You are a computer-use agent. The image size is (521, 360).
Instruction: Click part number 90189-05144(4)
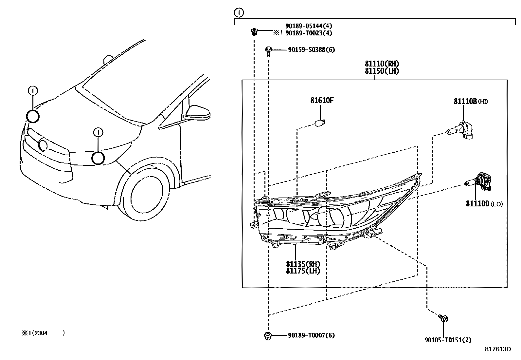[x=309, y=26]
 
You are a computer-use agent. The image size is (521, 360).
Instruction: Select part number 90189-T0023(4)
[x=309, y=33]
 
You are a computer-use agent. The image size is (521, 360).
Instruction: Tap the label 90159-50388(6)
[x=312, y=49]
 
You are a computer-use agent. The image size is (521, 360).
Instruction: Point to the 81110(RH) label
[x=382, y=64]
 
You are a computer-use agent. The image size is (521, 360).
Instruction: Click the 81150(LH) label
[x=382, y=71]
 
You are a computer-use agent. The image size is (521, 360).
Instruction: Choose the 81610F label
[x=322, y=100]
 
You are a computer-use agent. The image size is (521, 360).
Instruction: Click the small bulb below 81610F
[x=320, y=123]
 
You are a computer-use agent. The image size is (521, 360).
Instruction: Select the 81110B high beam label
[x=471, y=101]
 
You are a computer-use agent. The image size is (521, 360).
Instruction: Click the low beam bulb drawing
[x=478, y=181]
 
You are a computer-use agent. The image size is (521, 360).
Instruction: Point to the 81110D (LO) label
[x=484, y=204]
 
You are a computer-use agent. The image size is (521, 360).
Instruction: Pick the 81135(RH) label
[x=303, y=264]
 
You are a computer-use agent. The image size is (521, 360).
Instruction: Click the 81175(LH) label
[x=303, y=271]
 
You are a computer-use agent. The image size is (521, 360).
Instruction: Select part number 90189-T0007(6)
[x=311, y=335]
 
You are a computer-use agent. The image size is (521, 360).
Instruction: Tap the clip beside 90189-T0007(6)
[x=268, y=336]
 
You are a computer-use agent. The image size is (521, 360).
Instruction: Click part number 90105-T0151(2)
[x=448, y=340]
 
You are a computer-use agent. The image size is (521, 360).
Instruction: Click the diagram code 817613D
[x=498, y=349]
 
